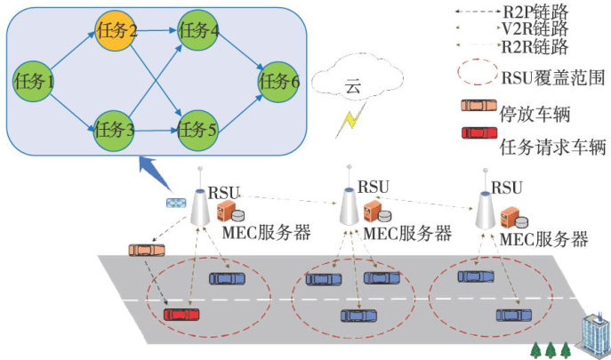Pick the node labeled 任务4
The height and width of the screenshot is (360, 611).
point(198,33)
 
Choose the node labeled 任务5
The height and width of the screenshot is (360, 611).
point(198,133)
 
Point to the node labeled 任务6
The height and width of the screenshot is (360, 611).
point(279,81)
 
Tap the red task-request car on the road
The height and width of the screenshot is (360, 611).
point(181,314)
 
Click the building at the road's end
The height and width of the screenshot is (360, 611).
point(591,334)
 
